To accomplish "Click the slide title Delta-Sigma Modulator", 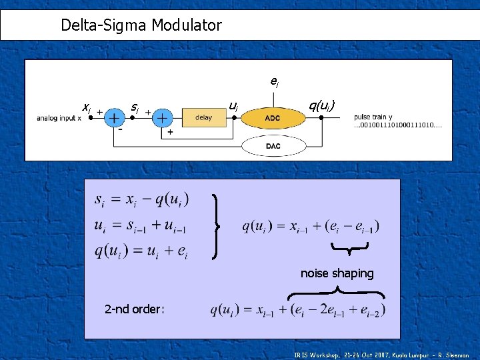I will click(x=141, y=26).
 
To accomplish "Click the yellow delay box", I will click(x=203, y=118).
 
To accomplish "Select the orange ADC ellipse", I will click(x=273, y=119).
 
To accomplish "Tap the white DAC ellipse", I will click(x=273, y=146).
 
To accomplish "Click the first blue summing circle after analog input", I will click(x=115, y=118).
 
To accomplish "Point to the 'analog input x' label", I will click(x=59, y=119).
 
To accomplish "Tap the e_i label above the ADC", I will click(x=274, y=82).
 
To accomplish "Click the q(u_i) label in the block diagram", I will click(x=325, y=105).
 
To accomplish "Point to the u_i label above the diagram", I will click(x=233, y=105).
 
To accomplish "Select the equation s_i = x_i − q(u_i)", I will click(x=141, y=199).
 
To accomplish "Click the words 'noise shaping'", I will click(x=337, y=273).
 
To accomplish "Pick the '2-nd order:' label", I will click(x=134, y=309).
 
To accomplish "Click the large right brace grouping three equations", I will click(x=217, y=226).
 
